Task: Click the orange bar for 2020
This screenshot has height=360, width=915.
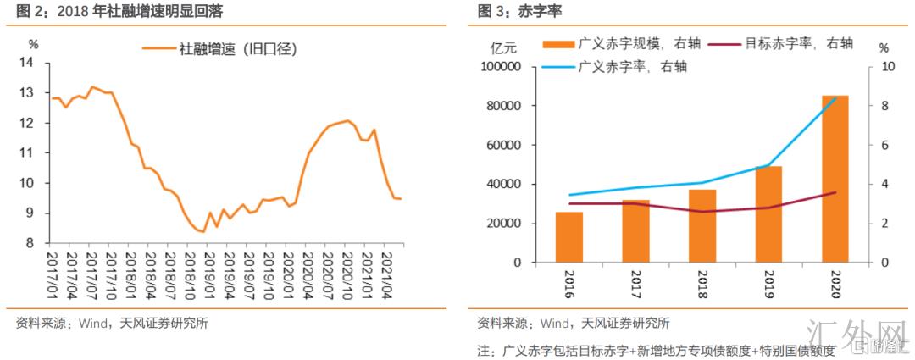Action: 835,179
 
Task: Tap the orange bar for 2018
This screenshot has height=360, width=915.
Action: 701,225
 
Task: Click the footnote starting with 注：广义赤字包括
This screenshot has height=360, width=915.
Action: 656,349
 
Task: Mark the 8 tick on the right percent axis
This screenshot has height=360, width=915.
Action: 883,106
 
